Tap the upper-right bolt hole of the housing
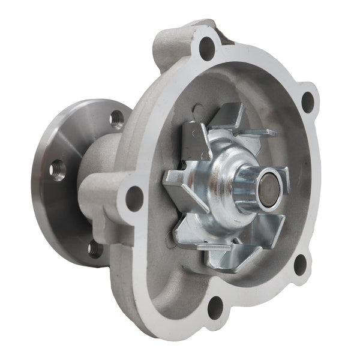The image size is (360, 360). (x=307, y=101)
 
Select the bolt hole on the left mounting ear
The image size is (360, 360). (x=134, y=199)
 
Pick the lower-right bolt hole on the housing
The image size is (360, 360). (x=299, y=265)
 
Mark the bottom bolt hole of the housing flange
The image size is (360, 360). (x=214, y=307)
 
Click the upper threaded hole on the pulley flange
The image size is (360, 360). (x=116, y=119)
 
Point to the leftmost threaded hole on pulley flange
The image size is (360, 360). (x=58, y=170)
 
